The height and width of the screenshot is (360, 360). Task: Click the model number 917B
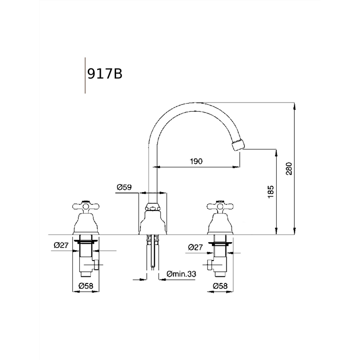(x=105, y=74)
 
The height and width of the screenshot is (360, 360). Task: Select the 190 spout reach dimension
(x=196, y=162)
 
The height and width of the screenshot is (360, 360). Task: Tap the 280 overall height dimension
(x=289, y=169)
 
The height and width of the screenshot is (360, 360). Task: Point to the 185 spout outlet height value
(x=271, y=192)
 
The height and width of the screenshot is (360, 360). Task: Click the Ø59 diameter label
(x=124, y=187)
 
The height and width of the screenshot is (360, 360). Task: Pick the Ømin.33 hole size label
(x=181, y=274)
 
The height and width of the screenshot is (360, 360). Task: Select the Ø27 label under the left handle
(x=61, y=245)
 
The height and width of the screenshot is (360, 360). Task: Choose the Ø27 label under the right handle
(x=195, y=247)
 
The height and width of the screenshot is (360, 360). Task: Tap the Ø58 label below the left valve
(x=86, y=286)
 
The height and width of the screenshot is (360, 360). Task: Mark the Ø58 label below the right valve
(x=220, y=286)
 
